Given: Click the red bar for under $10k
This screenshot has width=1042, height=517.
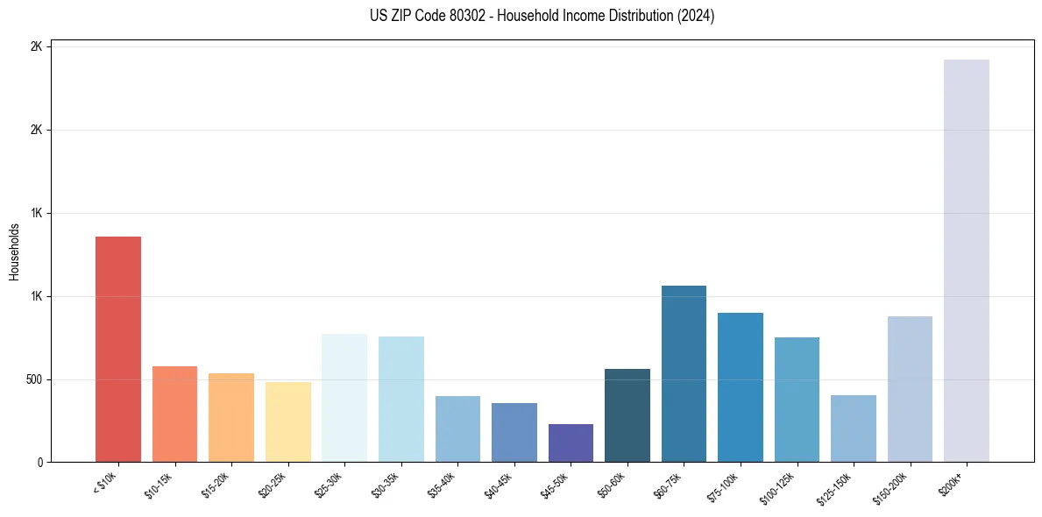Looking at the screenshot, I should point(117,349).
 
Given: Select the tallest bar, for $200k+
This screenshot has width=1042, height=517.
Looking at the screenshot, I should point(966,260).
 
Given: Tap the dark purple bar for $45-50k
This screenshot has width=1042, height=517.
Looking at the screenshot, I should point(571,443).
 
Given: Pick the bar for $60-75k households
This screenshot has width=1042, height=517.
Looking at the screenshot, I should point(684,373).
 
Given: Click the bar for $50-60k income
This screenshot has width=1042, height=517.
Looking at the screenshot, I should point(627,415).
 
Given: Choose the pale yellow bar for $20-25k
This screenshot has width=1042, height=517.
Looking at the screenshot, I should point(288,421).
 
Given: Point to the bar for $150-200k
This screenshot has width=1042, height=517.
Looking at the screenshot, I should point(910,389).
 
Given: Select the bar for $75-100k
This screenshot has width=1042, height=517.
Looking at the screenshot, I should point(740,387).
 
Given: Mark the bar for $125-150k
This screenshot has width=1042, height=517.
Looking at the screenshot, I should point(853,428).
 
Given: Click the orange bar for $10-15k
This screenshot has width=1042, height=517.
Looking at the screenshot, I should point(174,414).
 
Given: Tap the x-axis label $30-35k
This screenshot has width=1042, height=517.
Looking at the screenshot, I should point(386,485).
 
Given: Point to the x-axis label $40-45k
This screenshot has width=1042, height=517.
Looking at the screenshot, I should point(500,485).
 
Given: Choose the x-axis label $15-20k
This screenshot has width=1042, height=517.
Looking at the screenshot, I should point(216,485).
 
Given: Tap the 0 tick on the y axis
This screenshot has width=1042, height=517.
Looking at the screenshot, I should point(40,463).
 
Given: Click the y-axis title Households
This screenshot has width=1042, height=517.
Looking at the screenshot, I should point(15,252).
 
